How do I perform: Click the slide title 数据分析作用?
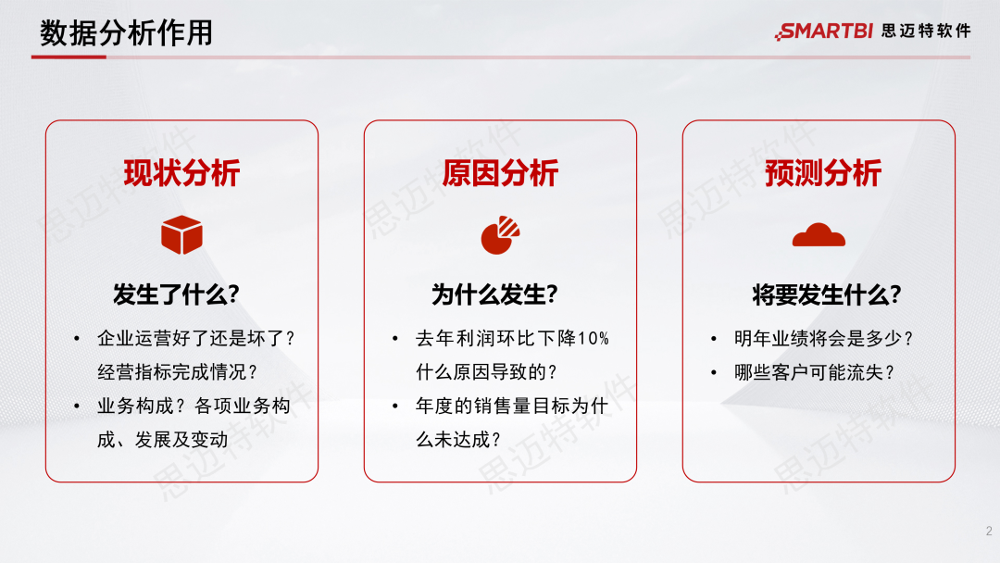coord(127,33)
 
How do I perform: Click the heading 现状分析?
coord(181,173)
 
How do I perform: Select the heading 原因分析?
coord(500,173)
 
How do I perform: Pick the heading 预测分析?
coord(822,173)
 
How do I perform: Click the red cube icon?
coord(181,235)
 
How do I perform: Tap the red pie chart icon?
coord(500,235)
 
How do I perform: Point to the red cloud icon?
coord(819,235)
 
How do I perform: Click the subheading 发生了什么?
coord(176,295)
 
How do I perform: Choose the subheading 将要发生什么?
coord(826,295)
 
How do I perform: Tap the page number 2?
coord(988,532)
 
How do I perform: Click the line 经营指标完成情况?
coord(178,372)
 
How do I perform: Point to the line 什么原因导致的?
coord(487,372)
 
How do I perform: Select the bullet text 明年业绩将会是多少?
coord(824,339)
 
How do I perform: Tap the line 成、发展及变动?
coord(162,440)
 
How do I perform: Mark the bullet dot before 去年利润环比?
coord(395,339)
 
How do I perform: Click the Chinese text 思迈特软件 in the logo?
coord(926,31)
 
